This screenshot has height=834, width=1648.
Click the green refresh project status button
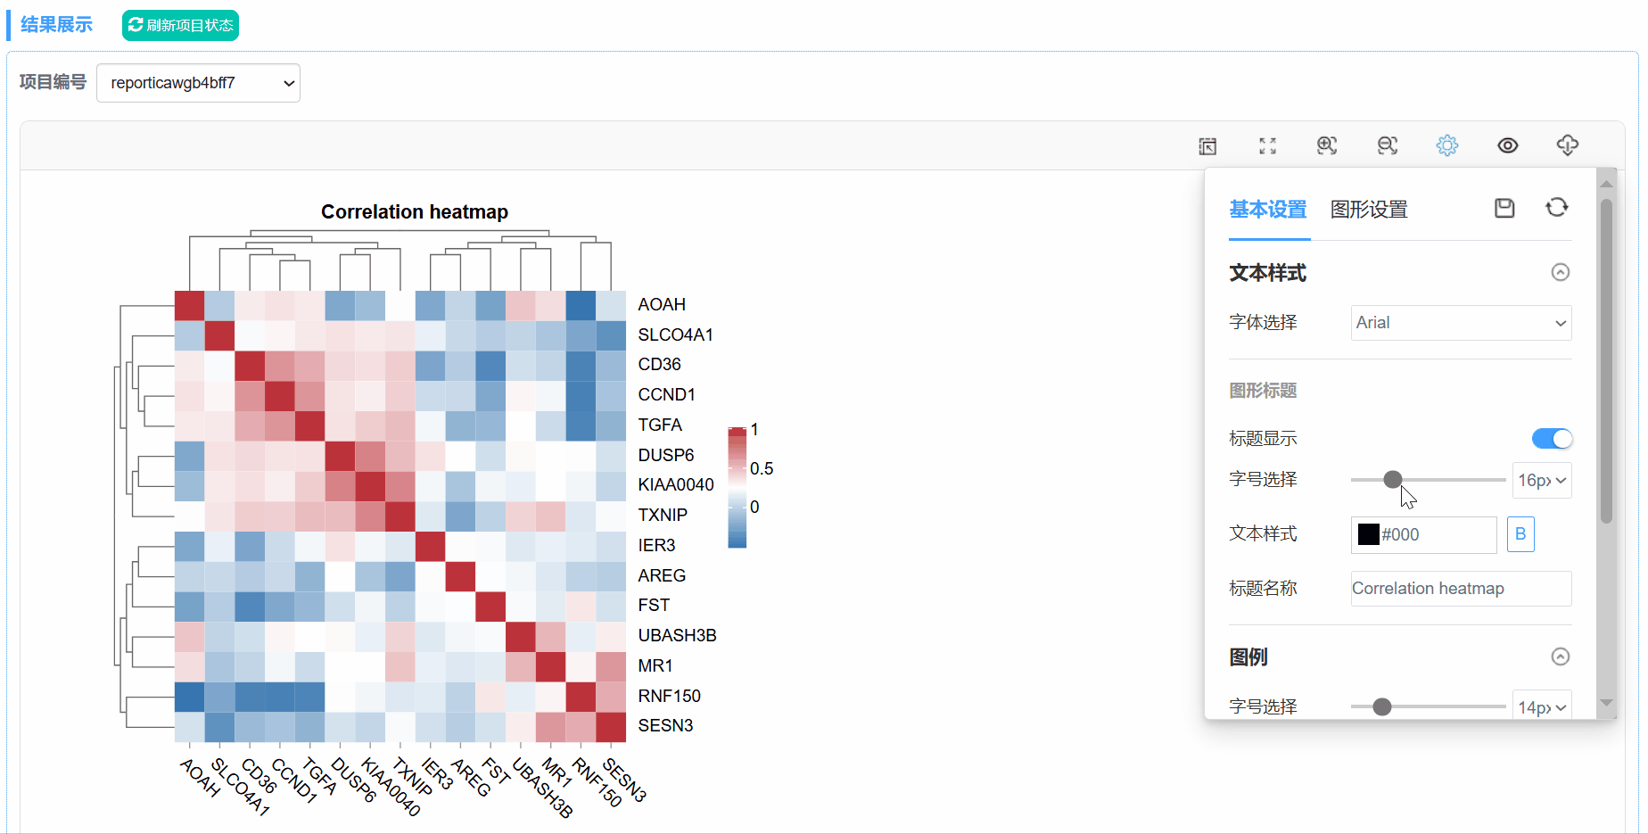[180, 25]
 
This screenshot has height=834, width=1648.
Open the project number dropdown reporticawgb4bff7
[198, 83]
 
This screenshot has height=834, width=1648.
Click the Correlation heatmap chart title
[415, 211]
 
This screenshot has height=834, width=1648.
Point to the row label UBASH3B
[677, 635]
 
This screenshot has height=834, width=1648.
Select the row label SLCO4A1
[675, 334]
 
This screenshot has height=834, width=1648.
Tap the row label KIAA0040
[676, 484]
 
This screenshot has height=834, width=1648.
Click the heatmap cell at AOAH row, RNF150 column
[581, 305]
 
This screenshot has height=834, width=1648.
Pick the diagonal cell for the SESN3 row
[611, 727]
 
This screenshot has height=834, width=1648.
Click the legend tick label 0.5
[762, 468]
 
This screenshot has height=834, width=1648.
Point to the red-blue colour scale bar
[737, 487]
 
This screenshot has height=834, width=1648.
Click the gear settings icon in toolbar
[1446, 145]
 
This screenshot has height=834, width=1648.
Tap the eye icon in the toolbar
[1507, 145]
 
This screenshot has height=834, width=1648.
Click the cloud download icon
[1567, 145]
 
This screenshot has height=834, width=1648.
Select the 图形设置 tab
[1369, 210]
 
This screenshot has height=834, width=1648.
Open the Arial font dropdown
[1461, 323]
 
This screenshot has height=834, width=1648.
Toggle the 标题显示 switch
[1552, 439]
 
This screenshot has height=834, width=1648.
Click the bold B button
[1520, 534]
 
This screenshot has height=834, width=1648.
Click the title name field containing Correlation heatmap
[1461, 589]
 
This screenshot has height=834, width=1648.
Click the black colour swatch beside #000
[1368, 534]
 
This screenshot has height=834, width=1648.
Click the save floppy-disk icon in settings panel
[1504, 208]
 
